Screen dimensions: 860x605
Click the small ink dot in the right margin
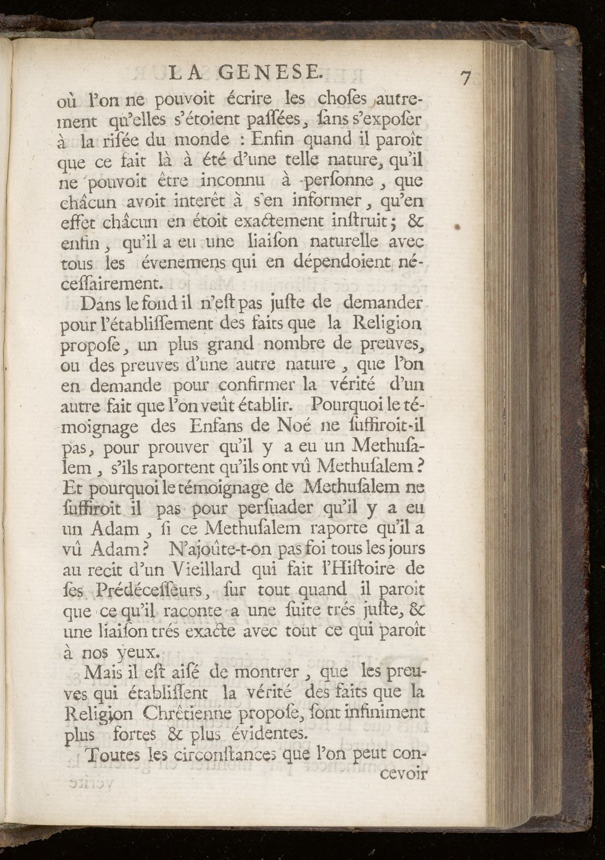tap(458, 227)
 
